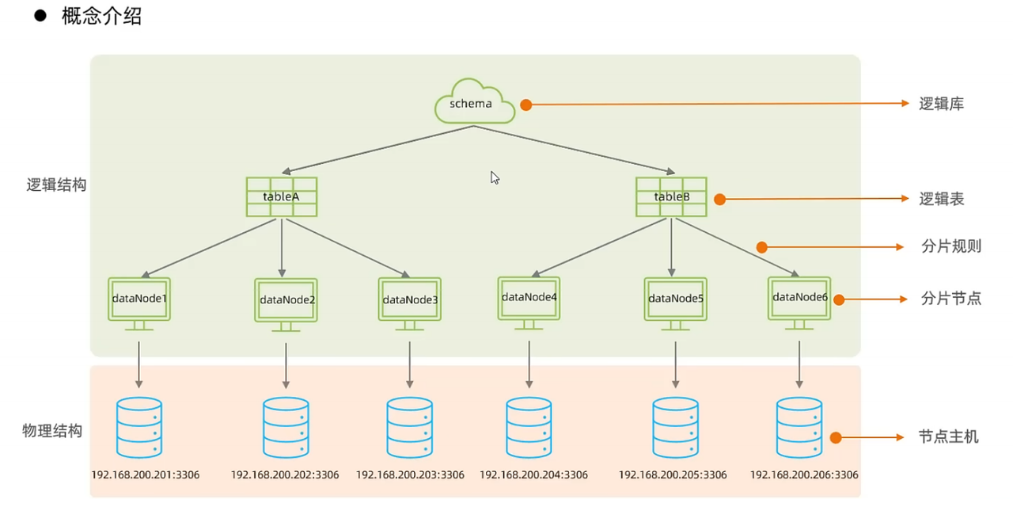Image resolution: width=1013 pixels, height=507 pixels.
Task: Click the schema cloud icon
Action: [474, 101]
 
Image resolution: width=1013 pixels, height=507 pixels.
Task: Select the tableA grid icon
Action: [282, 197]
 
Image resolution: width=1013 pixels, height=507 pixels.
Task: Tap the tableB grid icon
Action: [671, 197]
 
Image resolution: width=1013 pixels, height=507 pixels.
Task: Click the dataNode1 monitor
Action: [139, 303]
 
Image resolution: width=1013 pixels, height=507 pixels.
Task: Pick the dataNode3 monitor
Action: [410, 304]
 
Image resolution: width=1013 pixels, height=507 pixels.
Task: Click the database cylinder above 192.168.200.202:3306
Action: [286, 428]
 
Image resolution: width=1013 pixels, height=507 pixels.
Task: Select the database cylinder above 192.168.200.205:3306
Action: [675, 428]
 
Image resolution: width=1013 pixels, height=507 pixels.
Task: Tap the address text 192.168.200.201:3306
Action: [145, 475]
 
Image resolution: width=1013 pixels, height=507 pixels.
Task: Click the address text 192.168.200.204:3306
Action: [533, 475]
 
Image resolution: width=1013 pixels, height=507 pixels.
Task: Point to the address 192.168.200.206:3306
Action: [804, 475]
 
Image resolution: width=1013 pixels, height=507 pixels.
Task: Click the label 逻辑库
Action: [942, 104]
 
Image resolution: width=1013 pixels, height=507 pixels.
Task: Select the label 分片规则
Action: [951, 246]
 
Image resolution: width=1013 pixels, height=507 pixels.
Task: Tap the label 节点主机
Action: [949, 436]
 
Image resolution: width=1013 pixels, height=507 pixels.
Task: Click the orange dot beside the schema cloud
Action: [526, 105]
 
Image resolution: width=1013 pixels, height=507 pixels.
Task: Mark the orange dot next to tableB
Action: [719, 199]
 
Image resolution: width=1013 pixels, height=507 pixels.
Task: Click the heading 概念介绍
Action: [102, 17]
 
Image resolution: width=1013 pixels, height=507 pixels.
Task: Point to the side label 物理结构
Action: [52, 430]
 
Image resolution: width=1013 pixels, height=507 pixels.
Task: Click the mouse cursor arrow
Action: [495, 177]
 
